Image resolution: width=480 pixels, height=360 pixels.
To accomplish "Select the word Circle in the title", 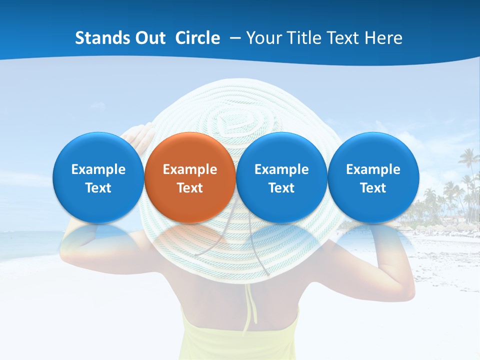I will coord(197,38).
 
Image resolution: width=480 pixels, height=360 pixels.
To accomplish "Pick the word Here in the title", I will coord(384,38).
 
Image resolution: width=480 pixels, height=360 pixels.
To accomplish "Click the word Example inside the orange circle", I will coord(190,169).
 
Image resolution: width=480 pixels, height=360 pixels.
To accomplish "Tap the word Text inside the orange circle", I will coord(190,188).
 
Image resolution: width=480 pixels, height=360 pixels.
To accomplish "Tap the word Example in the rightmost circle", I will coord(373,169).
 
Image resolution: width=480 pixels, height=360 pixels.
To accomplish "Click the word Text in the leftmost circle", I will coord(98,188).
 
